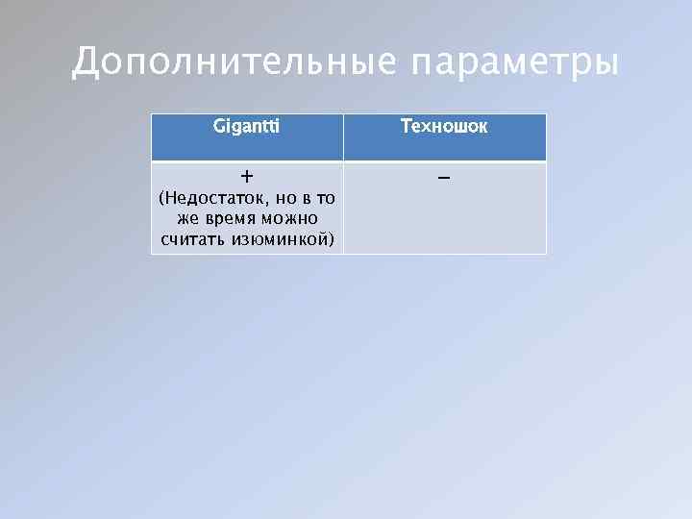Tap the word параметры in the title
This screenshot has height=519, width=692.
coord(514,63)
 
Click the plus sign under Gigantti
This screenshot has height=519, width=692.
coord(247,177)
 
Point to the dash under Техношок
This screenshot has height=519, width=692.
coord(444,178)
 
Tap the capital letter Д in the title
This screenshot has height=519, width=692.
coord(86,63)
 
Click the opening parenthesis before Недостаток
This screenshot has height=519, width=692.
coord(161,200)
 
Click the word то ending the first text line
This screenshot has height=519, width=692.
coord(326,199)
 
